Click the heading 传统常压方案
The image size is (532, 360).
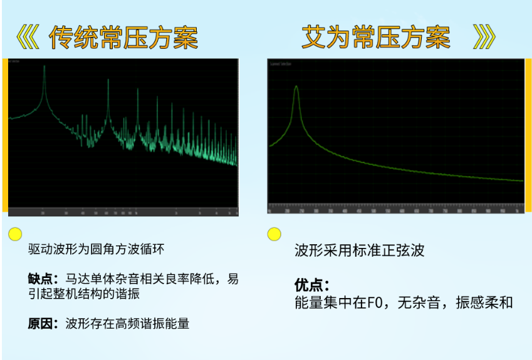[123, 38]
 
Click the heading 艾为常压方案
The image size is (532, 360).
[375, 38]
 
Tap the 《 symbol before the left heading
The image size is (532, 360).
[28, 38]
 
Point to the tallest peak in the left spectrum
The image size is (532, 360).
[44, 68]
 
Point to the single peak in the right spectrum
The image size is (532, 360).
[296, 88]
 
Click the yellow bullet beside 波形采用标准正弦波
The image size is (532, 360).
[274, 234]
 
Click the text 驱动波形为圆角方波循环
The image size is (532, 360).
[96, 249]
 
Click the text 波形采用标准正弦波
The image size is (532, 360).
[360, 250]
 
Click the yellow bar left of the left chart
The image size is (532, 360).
[5, 135]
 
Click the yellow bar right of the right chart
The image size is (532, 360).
[528, 135]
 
